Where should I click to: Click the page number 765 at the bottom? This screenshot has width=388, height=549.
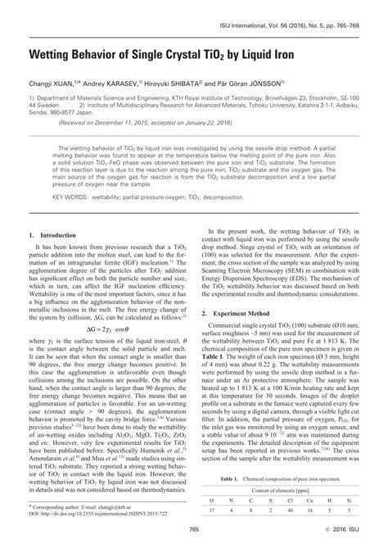pyautogui.click(x=193, y=540)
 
